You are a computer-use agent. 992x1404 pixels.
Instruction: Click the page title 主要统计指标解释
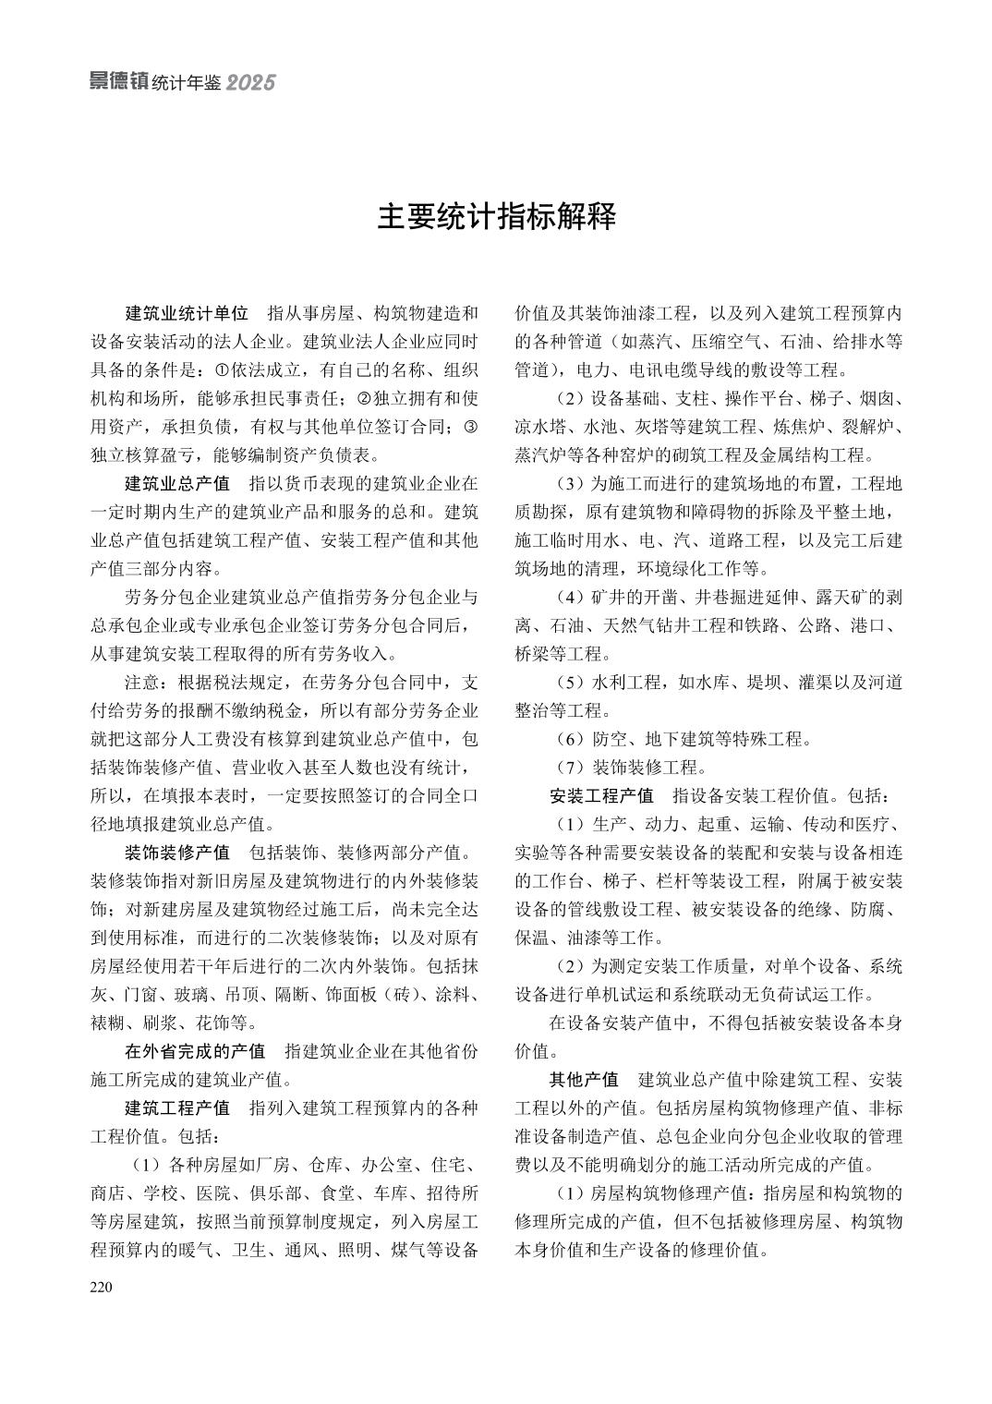pos(496,217)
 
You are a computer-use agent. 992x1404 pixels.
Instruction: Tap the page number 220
pos(101,1288)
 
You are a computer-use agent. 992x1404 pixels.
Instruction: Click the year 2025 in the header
pos(250,83)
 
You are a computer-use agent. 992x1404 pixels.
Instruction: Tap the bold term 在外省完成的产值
pos(195,1051)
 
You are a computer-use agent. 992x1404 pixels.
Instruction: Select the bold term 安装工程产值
pos(601,795)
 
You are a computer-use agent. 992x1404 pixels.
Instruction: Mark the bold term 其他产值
pos(584,1080)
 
